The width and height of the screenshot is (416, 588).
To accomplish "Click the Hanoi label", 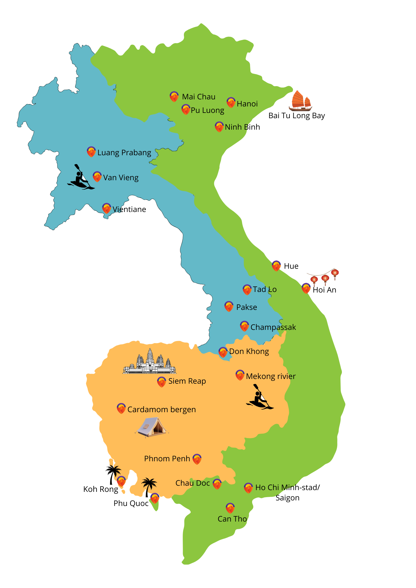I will (247, 104).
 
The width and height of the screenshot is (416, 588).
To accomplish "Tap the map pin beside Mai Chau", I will (174, 96).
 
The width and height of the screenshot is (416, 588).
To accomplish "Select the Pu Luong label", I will (207, 110).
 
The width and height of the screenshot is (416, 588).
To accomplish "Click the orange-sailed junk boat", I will (300, 101).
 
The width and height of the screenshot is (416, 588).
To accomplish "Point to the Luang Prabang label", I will (124, 153).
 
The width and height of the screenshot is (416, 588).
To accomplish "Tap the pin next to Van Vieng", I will (97, 177).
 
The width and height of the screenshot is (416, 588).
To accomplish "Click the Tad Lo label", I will (264, 289).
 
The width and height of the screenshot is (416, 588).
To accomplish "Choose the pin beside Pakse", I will (229, 306).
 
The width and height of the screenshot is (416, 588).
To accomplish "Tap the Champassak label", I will (273, 327).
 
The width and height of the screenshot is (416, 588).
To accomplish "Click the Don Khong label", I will (249, 351).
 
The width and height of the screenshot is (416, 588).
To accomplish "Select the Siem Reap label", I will (187, 381).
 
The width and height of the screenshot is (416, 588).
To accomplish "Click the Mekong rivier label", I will (271, 376).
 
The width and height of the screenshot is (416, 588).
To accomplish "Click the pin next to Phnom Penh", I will (197, 459).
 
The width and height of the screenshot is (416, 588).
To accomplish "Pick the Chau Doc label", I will (192, 483).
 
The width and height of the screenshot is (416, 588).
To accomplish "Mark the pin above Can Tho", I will (230, 508).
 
